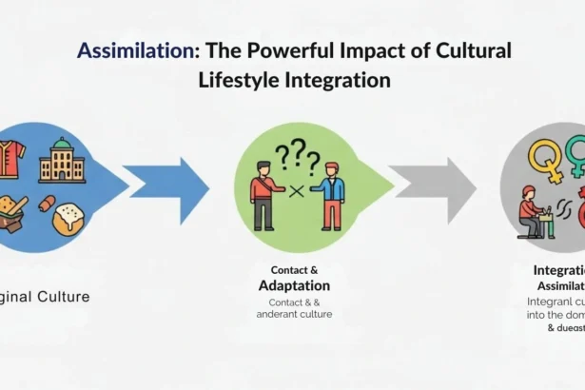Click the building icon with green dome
62,159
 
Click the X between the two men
296,190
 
